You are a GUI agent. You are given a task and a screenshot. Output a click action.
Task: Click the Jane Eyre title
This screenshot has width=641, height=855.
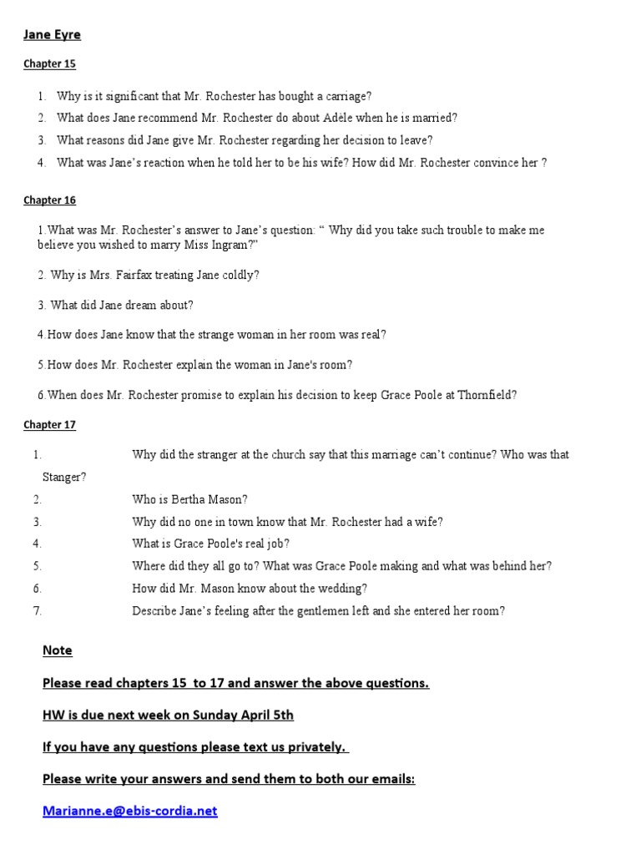(x=52, y=35)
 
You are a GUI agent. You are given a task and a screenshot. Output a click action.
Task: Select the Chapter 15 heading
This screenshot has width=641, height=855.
(x=49, y=64)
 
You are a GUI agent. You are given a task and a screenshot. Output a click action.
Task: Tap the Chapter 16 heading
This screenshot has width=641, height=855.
(x=49, y=200)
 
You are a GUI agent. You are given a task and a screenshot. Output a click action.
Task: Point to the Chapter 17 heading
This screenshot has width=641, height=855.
(x=49, y=425)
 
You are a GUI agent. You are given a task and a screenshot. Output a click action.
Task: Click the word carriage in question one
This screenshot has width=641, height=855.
(x=347, y=96)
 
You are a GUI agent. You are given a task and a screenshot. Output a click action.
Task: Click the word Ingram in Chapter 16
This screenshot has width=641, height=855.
(x=230, y=245)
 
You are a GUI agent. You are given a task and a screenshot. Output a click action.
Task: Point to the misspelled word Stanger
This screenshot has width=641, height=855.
(x=64, y=478)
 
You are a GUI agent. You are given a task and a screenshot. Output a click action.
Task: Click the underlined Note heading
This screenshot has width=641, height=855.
(x=58, y=650)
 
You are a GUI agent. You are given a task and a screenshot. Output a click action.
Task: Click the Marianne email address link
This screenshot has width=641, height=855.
(x=130, y=811)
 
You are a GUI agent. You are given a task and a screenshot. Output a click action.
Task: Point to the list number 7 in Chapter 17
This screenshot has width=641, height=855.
(x=38, y=610)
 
